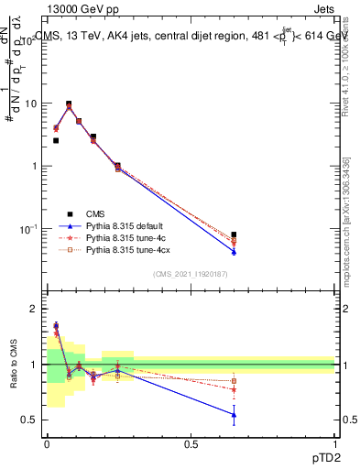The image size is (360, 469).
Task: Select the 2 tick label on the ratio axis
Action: click(x=34, y=310)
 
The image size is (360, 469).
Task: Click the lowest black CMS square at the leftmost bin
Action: click(x=56, y=141)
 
